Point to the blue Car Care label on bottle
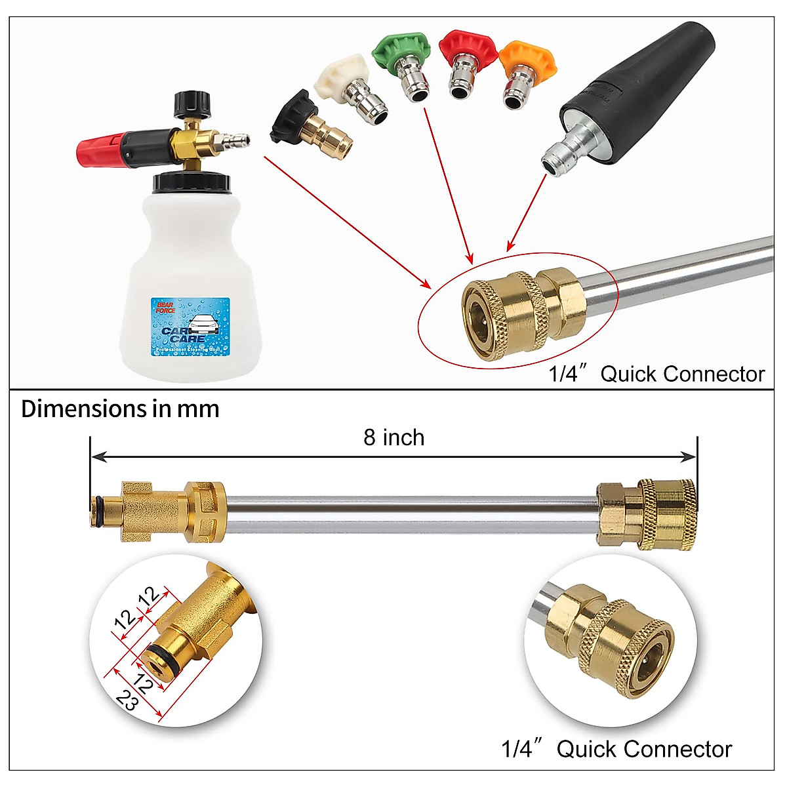click(x=191, y=327)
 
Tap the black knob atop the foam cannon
click(x=191, y=104)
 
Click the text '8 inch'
click(x=394, y=437)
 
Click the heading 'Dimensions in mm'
click(x=120, y=409)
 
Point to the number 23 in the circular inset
click(x=127, y=701)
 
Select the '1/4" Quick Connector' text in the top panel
click(x=656, y=374)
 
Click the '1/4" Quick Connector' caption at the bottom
click(x=616, y=749)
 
